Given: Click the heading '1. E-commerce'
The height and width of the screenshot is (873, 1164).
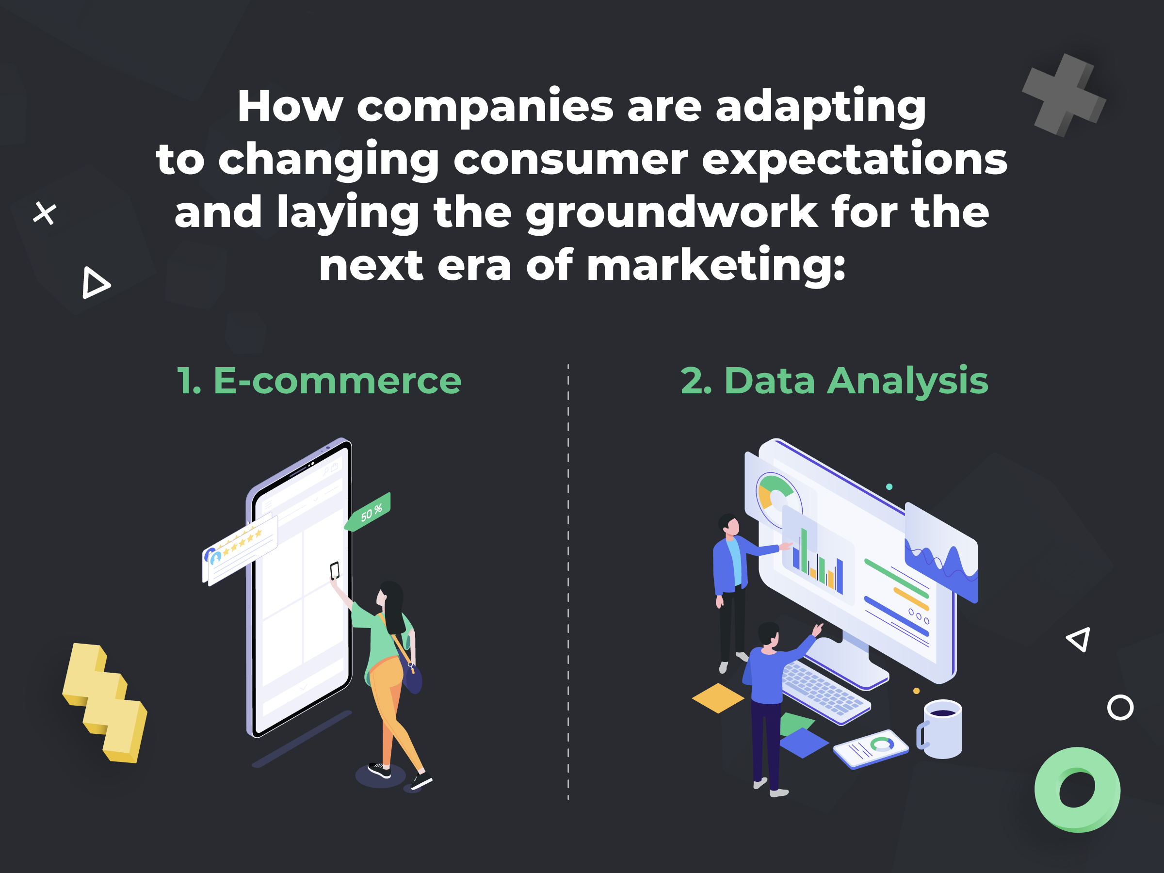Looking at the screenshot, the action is coord(319,380).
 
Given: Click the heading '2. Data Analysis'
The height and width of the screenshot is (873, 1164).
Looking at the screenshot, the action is coord(834,380).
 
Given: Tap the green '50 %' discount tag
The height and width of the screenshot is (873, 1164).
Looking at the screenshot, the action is coord(368,512).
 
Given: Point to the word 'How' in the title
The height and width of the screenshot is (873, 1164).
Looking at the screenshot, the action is coord(290,106).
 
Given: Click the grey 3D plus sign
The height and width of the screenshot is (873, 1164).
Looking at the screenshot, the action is coord(1064,95).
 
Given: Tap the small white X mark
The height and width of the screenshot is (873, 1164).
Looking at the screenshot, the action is coord(45,213).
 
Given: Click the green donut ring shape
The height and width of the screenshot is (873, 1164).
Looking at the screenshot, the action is coord(1077,789).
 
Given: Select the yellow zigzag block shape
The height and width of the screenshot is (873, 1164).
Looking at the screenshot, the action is coord(105,702).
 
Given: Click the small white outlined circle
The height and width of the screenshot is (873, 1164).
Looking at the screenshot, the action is coord(1120,708).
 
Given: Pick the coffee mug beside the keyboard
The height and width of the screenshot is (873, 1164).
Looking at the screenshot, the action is coord(940,729).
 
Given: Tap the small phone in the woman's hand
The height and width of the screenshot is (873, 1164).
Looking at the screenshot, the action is coord(335,570).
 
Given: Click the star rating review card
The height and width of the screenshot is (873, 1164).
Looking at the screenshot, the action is coord(240,550).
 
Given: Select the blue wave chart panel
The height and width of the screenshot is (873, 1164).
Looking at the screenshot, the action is coord(941,552).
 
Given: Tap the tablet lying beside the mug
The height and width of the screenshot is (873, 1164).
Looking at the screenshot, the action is coord(871,748).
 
